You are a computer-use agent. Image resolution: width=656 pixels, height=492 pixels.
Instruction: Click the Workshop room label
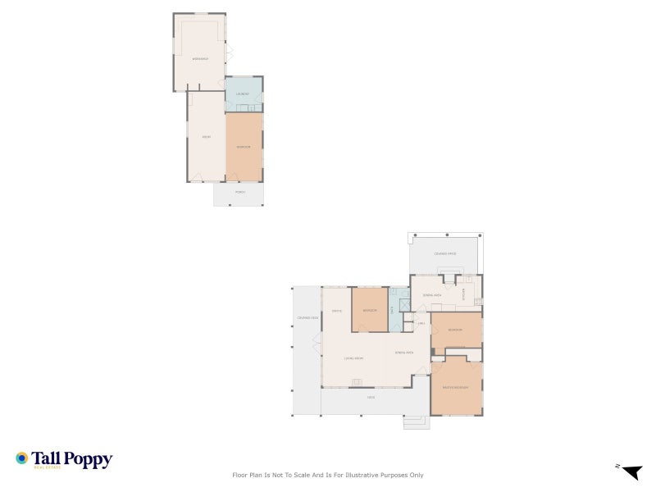[199, 59]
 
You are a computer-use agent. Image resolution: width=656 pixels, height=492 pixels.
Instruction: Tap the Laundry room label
[243, 94]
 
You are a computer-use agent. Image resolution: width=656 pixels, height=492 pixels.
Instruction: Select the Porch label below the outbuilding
[240, 192]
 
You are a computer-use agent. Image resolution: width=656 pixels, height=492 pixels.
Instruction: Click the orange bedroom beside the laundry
[244, 147]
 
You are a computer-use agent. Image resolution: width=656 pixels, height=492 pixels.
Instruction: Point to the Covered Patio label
[445, 254]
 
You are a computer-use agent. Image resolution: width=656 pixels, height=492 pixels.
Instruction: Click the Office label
[336, 312]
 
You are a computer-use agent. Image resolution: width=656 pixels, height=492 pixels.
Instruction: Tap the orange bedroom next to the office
[370, 311]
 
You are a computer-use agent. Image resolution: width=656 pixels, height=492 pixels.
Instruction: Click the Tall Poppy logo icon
[22, 458]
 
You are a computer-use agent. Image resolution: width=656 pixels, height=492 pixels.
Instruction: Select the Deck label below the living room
[371, 398]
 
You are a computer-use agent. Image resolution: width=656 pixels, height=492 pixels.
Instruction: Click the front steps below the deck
[416, 422]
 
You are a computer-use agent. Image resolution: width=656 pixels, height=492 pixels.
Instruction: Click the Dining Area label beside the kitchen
[432, 294]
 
